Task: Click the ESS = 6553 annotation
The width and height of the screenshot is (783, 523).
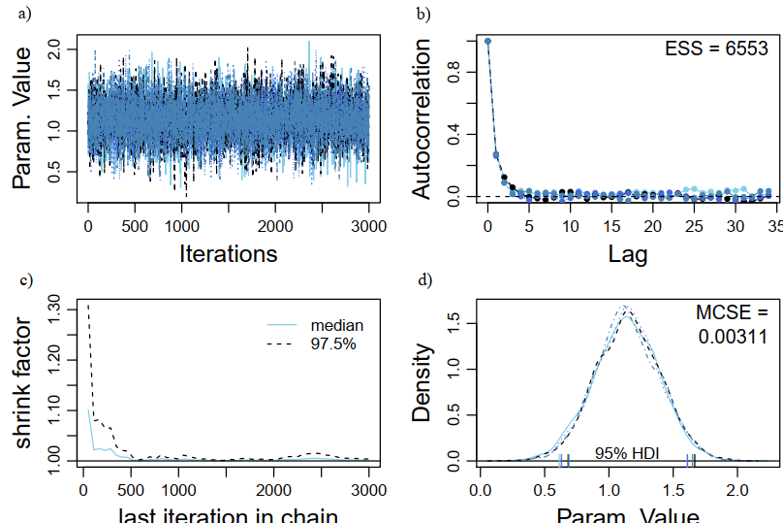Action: point(715,49)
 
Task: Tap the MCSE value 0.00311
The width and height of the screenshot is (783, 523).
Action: point(733,337)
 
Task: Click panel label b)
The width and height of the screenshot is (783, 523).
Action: point(423,13)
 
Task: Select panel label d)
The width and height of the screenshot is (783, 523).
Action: point(423,280)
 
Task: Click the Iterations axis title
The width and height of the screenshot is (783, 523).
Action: point(229,254)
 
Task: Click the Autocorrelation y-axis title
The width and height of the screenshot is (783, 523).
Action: point(423,121)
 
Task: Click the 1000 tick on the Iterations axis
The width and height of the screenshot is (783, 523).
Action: point(181,226)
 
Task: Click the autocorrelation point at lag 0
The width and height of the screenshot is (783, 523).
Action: point(487,42)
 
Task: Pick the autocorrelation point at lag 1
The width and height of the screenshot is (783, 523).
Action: point(496,154)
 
